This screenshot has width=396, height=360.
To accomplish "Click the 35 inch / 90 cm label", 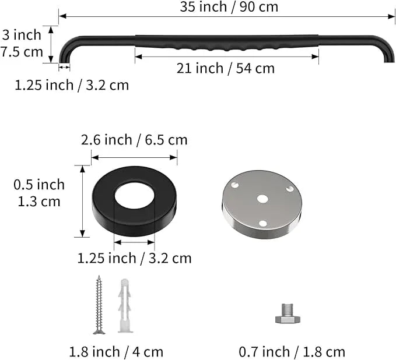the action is coord(229,7).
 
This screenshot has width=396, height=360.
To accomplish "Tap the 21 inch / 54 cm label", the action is coord(226,68).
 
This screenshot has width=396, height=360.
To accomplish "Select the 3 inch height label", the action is coord(22,35).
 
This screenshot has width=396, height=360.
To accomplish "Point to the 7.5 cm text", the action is coord(22,52).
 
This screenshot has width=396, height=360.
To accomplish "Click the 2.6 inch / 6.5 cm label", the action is coord(134,140).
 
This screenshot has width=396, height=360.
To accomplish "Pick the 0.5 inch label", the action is coord(39,185).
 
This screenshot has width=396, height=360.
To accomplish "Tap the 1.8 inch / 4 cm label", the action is coord(116,352).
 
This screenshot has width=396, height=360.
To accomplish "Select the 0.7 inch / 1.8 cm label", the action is coord(292,352).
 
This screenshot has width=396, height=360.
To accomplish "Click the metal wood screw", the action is coord(99,305).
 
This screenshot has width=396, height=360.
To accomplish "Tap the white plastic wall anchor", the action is coord(125,306).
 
